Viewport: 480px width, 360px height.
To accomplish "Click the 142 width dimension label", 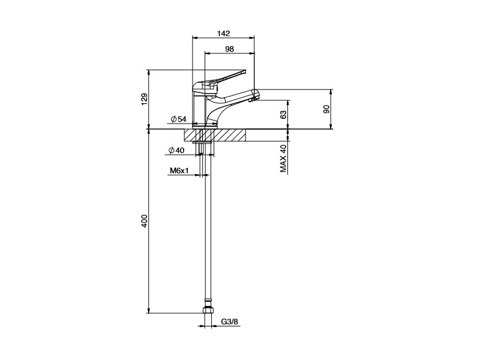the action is tap(223, 34).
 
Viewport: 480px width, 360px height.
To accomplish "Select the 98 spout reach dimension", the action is tap(229, 49).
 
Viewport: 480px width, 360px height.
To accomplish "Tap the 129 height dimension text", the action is tap(145, 99).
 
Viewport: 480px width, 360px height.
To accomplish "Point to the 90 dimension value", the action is tap(326, 109).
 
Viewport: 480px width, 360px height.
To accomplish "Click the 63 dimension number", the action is tap(283, 115).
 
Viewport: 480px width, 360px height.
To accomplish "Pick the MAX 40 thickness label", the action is tap(283, 158).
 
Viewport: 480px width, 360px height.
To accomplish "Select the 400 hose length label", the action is tap(145, 221).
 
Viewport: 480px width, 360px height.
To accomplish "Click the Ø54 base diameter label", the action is tap(178, 119).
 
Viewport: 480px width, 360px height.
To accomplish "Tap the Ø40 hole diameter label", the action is tap(176, 151).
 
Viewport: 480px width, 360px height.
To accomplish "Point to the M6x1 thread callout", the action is tap(179, 170).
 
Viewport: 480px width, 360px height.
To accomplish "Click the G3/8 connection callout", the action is tap(230, 322).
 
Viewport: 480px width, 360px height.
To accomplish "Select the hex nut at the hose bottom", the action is tap(208, 310).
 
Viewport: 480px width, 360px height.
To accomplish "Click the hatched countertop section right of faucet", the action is tap(230, 135).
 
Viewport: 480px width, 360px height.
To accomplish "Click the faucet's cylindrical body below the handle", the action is tap(199, 109).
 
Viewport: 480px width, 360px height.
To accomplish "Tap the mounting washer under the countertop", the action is tap(202, 142).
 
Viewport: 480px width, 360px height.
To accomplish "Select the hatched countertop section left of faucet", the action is tap(191, 135).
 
